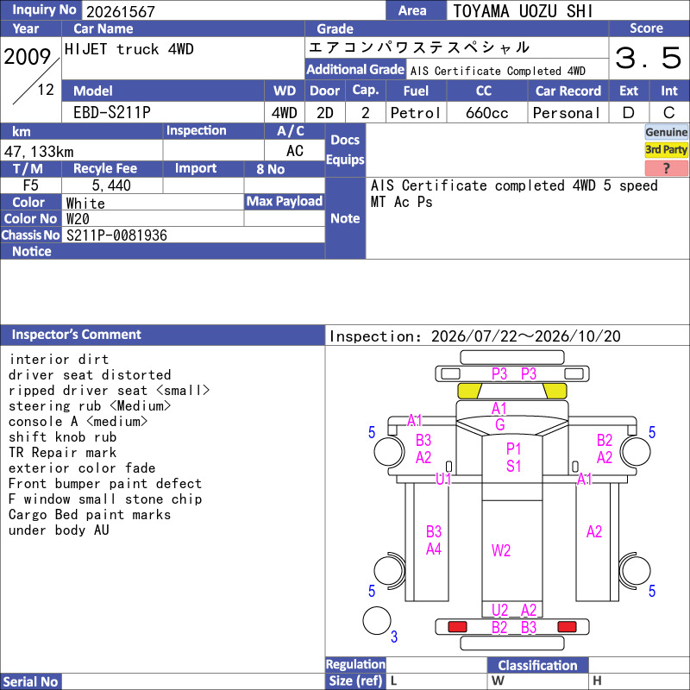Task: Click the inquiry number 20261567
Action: point(121,11)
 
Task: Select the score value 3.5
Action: point(648,58)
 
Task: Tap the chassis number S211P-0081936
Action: point(116,235)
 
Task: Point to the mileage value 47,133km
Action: point(39,152)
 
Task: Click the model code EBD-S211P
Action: point(112,113)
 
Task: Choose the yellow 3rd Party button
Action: point(666,149)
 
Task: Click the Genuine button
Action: point(666,132)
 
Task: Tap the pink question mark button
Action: point(666,168)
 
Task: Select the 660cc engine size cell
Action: point(486,113)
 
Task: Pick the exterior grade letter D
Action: point(629,113)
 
